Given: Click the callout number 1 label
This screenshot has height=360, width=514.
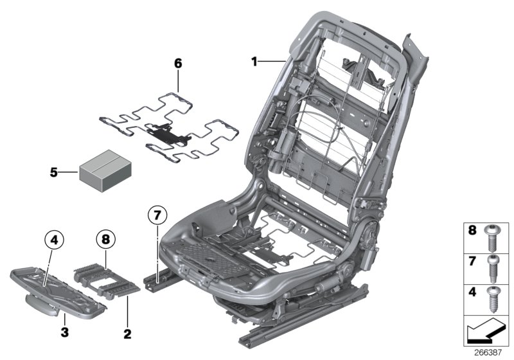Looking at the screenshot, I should [x=254, y=62].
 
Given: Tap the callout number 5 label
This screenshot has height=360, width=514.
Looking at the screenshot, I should [x=55, y=172].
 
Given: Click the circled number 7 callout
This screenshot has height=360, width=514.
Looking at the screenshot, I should [x=157, y=215].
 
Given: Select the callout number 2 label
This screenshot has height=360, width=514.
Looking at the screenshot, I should [x=127, y=334].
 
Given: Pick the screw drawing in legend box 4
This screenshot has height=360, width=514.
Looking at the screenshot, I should [x=493, y=299].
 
